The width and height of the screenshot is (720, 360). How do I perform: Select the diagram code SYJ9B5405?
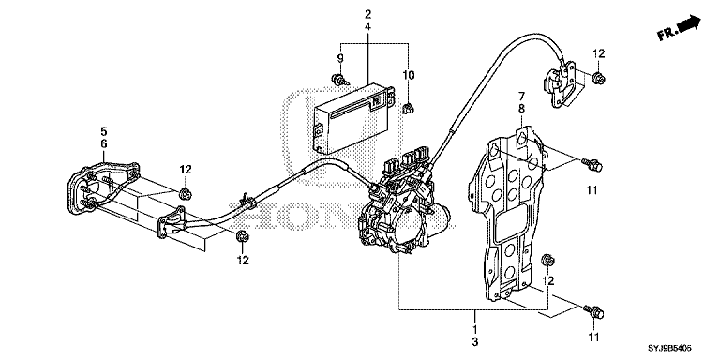669,349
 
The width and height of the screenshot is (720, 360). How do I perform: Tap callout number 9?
340,58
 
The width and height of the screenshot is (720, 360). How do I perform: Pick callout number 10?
408,75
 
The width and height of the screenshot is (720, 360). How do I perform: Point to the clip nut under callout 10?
408,109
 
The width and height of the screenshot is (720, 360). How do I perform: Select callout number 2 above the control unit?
367,14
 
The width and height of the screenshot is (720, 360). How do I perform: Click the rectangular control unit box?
352,118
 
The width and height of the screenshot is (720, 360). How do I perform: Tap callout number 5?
104,132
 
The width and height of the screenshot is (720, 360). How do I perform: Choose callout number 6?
104,144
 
